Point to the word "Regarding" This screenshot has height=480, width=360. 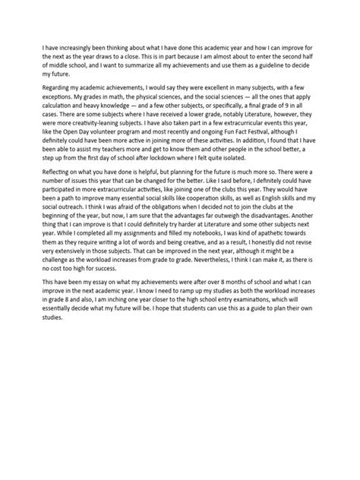58,87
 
